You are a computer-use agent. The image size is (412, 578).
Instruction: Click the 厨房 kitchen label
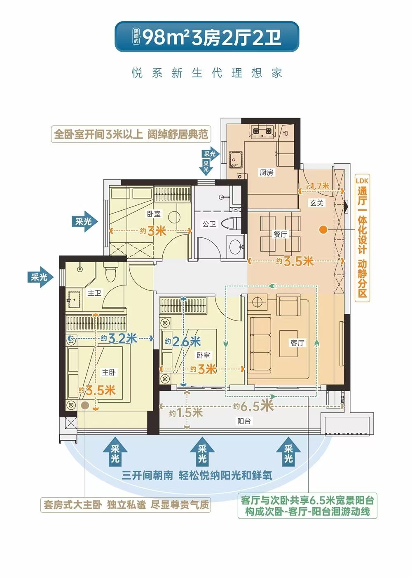pos(266,172)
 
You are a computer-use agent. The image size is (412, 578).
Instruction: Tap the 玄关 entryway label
pos(316,203)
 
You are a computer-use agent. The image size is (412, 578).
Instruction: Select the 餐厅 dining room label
pos(280,234)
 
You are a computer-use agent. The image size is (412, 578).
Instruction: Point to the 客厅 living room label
pos(297,343)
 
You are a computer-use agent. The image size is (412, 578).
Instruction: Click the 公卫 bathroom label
pos(209,224)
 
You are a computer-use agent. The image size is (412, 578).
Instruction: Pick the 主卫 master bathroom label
pos(94,293)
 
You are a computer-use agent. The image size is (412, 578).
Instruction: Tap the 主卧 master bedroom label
pos(109,372)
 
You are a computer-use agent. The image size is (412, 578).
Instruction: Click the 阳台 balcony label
pos(244,421)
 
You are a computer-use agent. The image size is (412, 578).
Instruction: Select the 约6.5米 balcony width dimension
pos(253,406)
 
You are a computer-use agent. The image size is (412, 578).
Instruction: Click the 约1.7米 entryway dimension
pos(318,186)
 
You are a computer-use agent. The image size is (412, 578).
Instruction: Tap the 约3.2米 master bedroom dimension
pos(119,338)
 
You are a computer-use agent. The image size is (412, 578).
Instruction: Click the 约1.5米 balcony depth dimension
pos(186,413)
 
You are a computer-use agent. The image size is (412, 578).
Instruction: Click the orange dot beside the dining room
pos(323,230)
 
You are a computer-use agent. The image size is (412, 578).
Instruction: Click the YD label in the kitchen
pos(285,133)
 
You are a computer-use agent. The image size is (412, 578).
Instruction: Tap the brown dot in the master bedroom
pos(85,406)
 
